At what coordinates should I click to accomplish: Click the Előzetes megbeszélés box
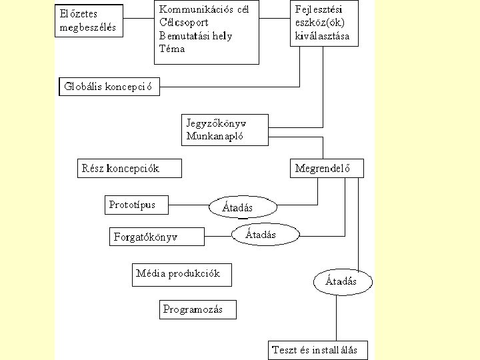click(89, 20)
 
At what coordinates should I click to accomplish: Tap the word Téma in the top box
click(172, 48)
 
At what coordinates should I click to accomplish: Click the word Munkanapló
click(215, 137)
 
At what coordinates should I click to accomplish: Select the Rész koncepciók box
click(129, 168)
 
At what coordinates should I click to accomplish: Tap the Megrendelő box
click(327, 168)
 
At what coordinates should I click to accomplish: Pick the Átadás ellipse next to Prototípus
click(241, 207)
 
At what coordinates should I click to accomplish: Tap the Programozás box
click(198, 309)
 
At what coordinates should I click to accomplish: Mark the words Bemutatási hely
click(195, 36)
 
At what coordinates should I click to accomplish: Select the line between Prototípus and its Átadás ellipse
click(189, 204)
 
